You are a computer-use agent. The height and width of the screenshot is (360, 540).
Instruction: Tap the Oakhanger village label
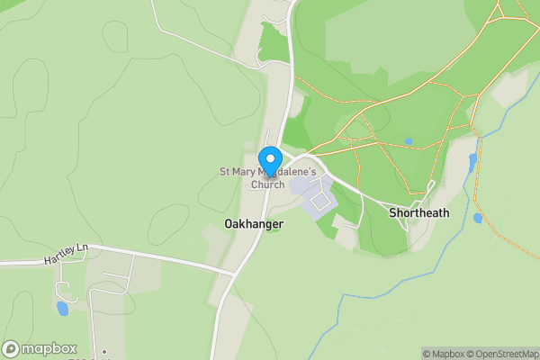point(254,223)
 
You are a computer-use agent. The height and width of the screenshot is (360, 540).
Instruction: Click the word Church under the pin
point(267,184)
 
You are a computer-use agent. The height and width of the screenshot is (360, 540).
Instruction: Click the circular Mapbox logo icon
point(12,349)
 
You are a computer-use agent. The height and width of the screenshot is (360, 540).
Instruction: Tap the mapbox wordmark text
point(49,349)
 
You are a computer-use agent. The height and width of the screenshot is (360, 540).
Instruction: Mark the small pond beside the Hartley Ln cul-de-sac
point(61,308)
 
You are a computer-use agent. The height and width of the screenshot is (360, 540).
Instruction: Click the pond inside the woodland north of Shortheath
point(409,141)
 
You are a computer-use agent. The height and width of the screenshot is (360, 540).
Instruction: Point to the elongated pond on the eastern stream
point(472,162)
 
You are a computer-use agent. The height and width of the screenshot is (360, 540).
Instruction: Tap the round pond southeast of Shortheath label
point(477,218)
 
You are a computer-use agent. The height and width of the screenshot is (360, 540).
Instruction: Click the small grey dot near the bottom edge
point(104,352)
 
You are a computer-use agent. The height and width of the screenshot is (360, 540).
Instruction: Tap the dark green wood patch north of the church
point(272,43)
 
